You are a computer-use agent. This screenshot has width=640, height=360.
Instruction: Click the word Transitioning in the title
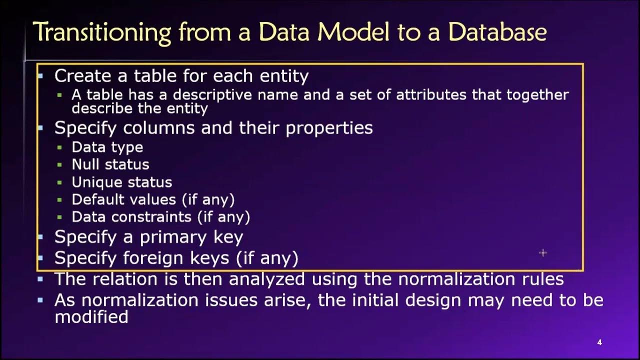click(x=101, y=32)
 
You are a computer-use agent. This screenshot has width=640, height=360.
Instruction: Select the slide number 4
click(x=599, y=342)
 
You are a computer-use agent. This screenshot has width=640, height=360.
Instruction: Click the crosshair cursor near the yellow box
click(x=543, y=253)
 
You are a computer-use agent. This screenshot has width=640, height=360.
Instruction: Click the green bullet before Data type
click(x=60, y=147)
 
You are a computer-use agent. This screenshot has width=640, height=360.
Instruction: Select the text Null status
click(x=110, y=164)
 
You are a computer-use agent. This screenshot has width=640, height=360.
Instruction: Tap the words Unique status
click(x=121, y=182)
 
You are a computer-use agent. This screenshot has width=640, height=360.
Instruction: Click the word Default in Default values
click(x=97, y=199)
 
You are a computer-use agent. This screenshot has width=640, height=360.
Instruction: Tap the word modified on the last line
click(x=91, y=317)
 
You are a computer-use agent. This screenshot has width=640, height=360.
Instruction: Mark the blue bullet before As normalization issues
click(x=40, y=300)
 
